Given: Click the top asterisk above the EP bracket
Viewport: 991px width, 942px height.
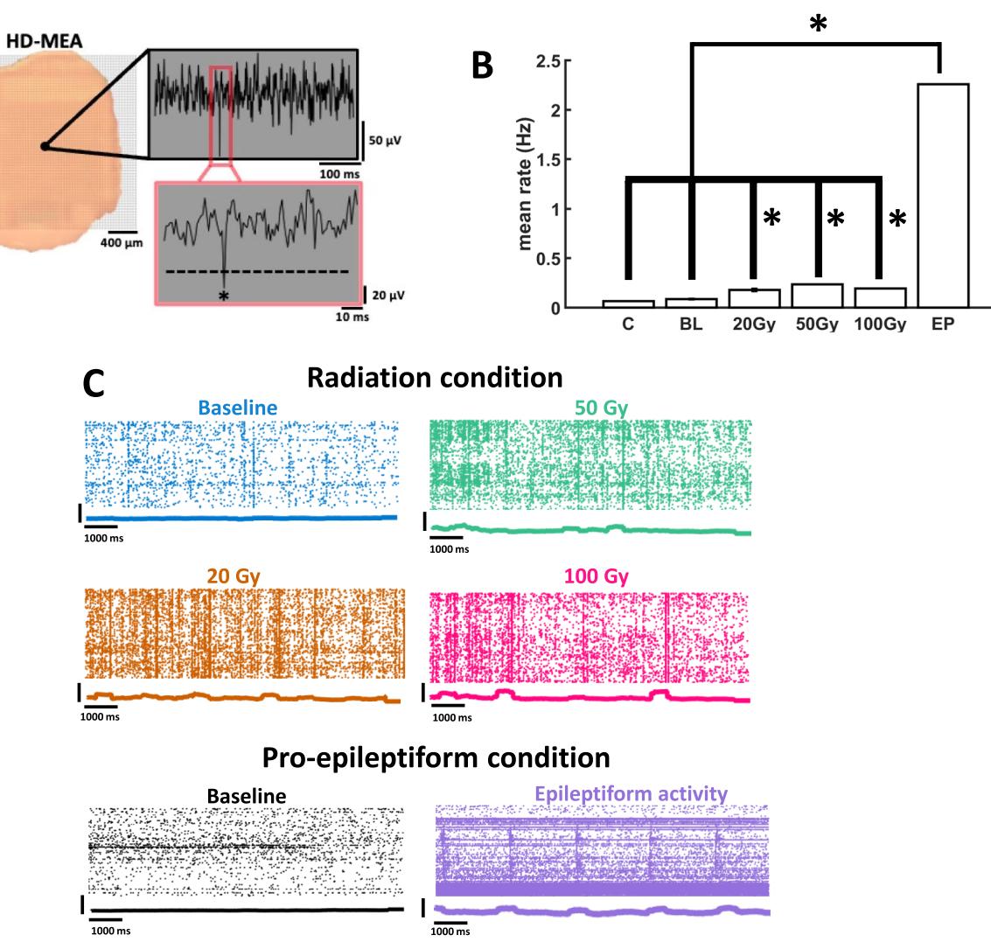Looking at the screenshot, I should click(x=818, y=25).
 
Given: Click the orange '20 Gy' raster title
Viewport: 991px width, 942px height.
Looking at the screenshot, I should click(x=238, y=577).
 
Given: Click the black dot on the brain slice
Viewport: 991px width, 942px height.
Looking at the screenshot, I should click(x=44, y=147).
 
